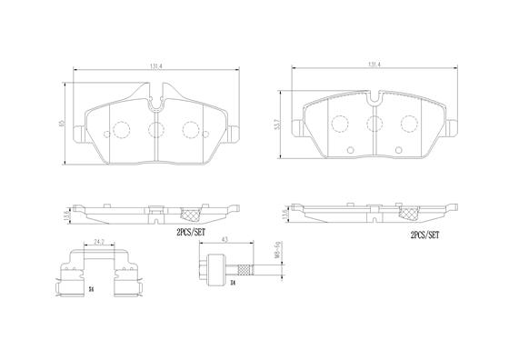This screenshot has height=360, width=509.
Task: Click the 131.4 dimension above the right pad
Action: tap(373, 65)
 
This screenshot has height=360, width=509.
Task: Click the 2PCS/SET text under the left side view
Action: tap(193, 232)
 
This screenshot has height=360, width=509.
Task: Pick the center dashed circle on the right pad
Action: tap(374, 125)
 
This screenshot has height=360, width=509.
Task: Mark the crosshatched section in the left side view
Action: tap(193, 215)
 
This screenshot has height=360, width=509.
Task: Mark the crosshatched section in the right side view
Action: tap(410, 214)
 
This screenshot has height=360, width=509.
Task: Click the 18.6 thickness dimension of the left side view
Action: tap(64, 215)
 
